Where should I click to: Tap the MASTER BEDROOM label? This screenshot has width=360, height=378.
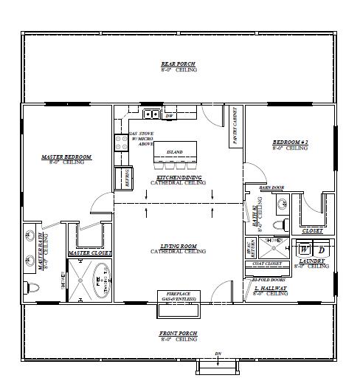click(66, 157)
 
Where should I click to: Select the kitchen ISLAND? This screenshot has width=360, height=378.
click(175, 152)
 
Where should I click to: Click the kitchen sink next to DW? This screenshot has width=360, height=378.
click(151, 114)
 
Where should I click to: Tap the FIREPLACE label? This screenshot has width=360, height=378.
click(178, 294)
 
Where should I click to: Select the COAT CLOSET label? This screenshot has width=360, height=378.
click(268, 264)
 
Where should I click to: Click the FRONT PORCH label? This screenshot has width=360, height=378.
click(178, 334)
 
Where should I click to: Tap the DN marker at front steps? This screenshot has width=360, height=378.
click(217, 354)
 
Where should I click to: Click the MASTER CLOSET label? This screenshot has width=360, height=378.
click(89, 253)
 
